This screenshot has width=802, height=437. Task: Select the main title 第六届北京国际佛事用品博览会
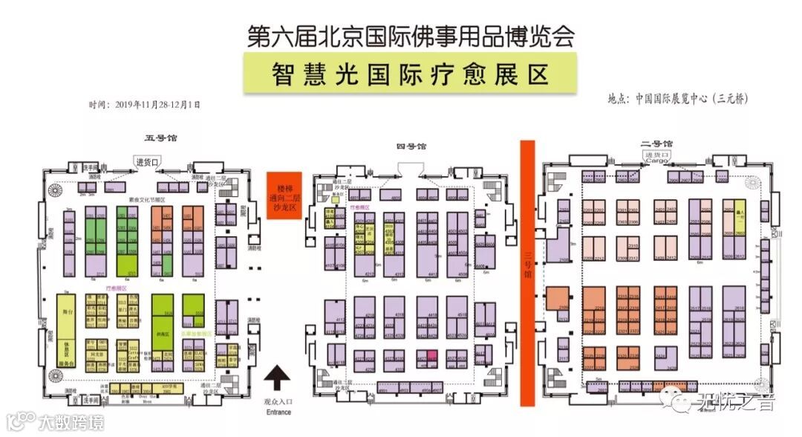point(410,36)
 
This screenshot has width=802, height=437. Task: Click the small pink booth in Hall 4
point(430,356)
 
